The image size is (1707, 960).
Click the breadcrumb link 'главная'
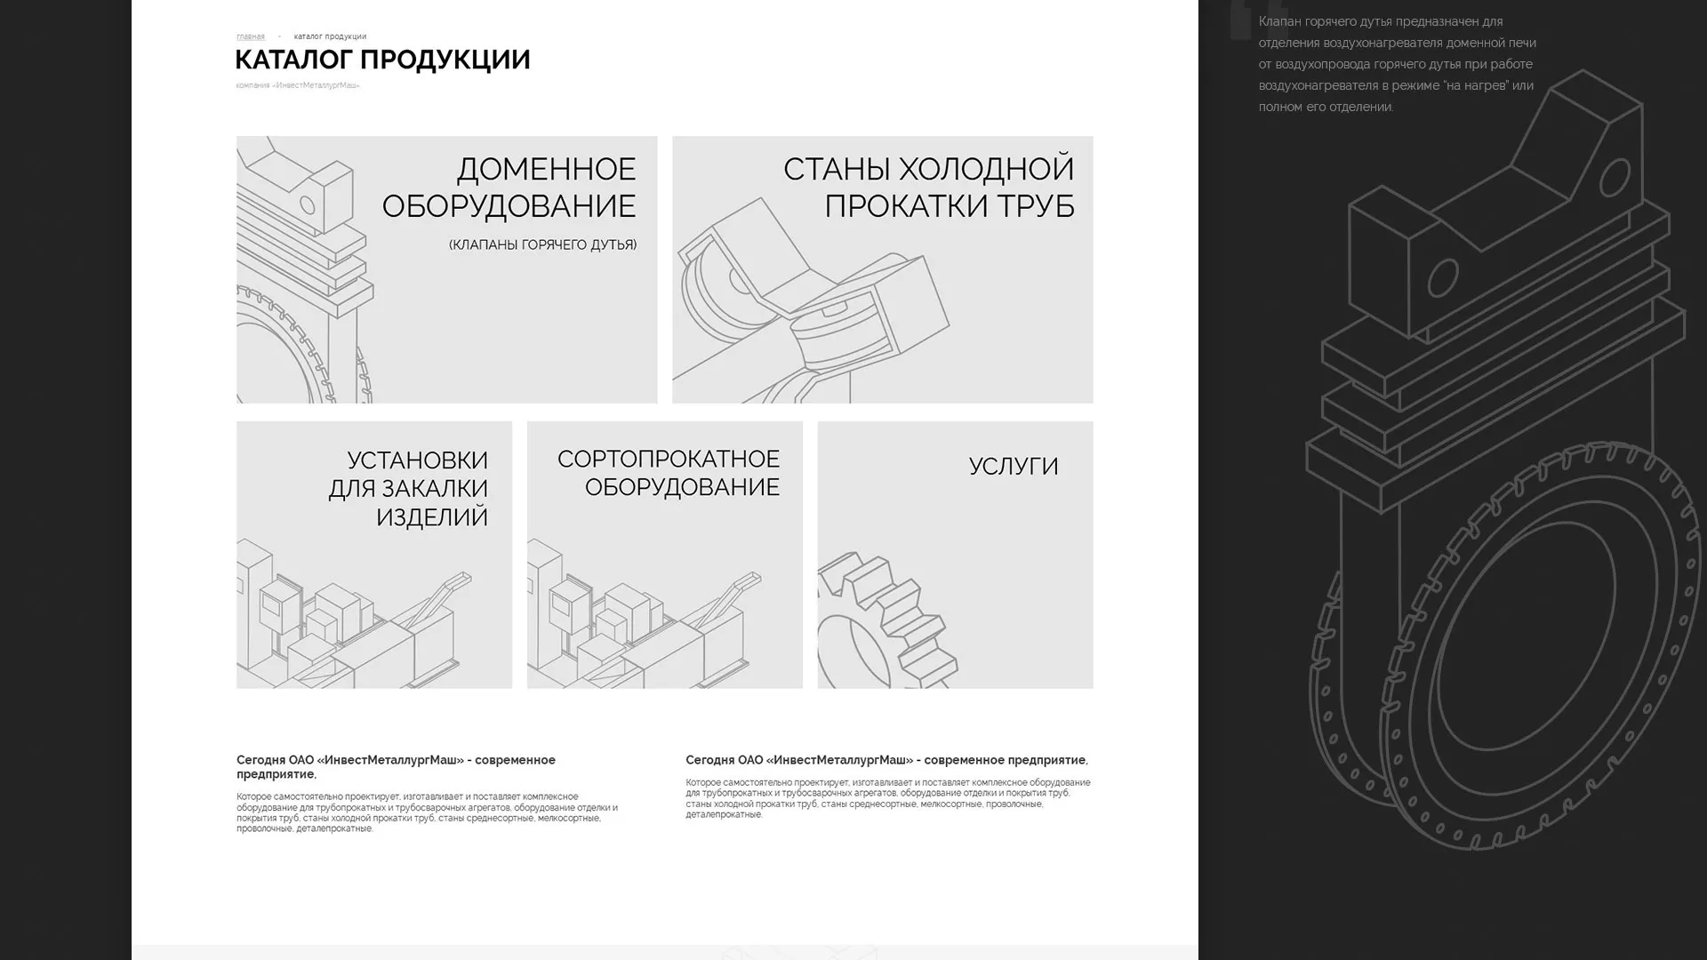[250, 36]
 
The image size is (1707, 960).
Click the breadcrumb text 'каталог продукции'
[330, 36]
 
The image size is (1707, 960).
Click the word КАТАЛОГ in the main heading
[293, 60]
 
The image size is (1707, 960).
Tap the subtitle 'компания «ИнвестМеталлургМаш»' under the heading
[298, 85]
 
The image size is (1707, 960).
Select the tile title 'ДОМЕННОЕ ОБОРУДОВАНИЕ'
[509, 187]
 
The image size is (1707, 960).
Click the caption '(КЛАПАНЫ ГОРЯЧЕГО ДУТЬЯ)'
[542, 244]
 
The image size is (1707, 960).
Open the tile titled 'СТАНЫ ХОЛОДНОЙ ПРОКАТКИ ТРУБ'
[928, 187]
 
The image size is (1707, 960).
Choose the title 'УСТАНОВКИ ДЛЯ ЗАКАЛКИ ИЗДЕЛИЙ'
[409, 488]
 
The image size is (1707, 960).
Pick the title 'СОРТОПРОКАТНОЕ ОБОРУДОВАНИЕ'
[669, 472]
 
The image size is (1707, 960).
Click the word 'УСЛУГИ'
[1013, 466]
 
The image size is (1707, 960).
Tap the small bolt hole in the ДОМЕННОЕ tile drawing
[308, 206]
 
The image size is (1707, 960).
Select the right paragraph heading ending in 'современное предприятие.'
[886, 760]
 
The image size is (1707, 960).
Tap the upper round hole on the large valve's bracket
[1614, 178]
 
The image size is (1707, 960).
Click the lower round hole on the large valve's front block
[1442, 278]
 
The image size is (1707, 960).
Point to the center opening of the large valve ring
[1529, 640]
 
